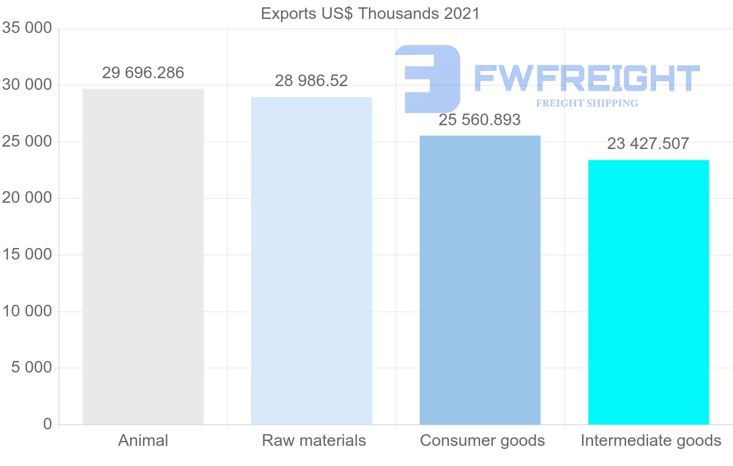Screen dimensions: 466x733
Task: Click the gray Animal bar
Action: [143, 257]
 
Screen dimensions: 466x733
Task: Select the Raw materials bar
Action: [312, 261]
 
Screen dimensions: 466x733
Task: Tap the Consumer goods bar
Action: [480, 280]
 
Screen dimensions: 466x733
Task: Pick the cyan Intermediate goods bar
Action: [648, 292]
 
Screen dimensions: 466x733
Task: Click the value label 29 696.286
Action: [143, 73]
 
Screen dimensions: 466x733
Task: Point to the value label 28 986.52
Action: [312, 81]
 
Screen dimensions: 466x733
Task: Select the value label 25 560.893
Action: [480, 120]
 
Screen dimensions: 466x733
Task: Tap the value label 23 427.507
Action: [648, 144]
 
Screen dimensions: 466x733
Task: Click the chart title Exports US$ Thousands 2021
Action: [370, 13]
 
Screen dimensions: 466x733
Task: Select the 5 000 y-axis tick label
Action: [31, 368]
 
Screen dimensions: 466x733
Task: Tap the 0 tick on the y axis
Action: [48, 424]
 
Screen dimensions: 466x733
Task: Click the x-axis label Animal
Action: [143, 440]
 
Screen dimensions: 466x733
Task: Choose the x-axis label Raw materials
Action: [314, 440]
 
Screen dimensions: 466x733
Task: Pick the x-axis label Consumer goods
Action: [483, 440]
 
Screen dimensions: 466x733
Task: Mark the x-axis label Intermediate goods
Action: [651, 440]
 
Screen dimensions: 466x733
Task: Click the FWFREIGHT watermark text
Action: [586, 79]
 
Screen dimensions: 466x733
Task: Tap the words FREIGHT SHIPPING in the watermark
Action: [587, 103]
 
